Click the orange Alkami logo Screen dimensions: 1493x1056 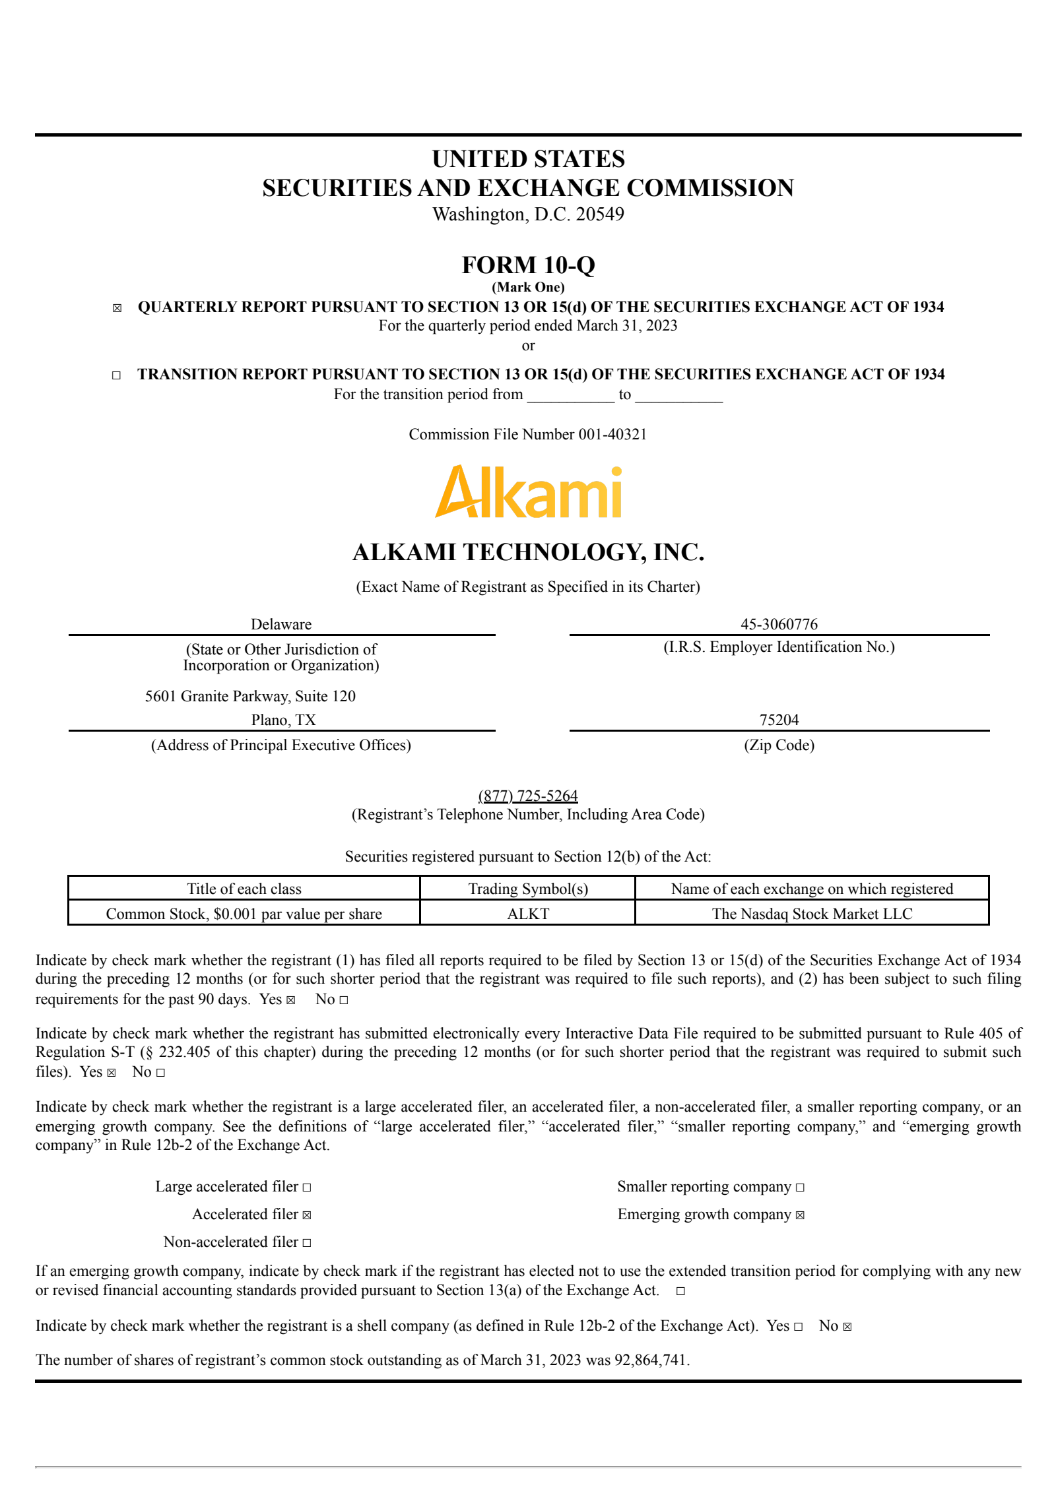coord(528,492)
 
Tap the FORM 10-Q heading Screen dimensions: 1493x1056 coord(528,265)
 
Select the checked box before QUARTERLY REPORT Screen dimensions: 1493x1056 coord(117,308)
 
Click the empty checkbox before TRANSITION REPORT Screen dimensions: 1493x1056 coord(116,375)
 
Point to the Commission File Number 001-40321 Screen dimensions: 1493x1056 coord(527,434)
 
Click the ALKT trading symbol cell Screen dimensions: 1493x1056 coord(528,914)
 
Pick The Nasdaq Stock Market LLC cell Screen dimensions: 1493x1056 coord(812,914)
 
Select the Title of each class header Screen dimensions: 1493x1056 coord(244,889)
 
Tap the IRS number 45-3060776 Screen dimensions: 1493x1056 coord(779,624)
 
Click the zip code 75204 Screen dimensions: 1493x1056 coord(779,720)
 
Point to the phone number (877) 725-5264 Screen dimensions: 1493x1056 coord(528,796)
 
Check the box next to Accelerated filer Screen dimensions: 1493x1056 coord(307,1215)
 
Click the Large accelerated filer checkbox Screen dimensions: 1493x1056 coord(307,1188)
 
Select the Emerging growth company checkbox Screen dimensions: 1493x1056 coord(800,1215)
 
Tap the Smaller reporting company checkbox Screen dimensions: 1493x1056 coord(800,1188)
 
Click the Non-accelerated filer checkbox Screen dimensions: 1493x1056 coord(307,1243)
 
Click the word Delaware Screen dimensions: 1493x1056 coord(281,624)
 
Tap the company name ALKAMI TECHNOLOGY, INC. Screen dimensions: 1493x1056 coord(528,552)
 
